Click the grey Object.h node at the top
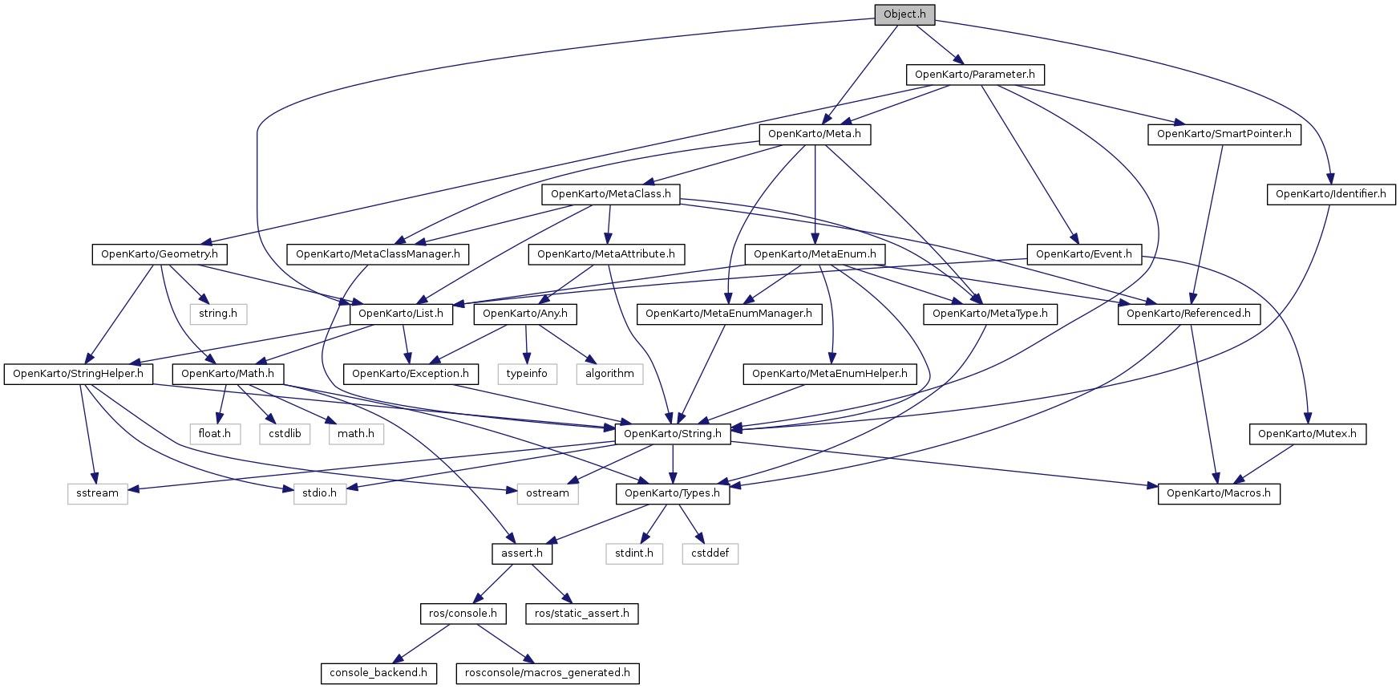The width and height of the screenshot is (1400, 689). pyautogui.click(x=904, y=14)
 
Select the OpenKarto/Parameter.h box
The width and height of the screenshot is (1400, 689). pyautogui.click(x=974, y=75)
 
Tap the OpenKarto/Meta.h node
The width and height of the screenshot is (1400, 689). pyautogui.click(x=814, y=134)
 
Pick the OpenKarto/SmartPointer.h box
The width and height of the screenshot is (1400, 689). pyautogui.click(x=1224, y=134)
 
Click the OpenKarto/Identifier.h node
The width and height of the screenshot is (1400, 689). pyautogui.click(x=1330, y=194)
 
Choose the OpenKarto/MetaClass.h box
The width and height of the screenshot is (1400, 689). pyautogui.click(x=610, y=194)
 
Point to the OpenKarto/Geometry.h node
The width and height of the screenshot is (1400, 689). pyautogui.click(x=159, y=254)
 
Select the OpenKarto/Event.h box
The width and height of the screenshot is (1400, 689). pyautogui.click(x=1083, y=254)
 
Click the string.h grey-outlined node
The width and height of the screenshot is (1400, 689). pyautogui.click(x=218, y=314)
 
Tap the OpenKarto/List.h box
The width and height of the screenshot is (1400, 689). pyautogui.click(x=401, y=314)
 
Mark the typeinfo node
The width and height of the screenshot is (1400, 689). pyautogui.click(x=527, y=374)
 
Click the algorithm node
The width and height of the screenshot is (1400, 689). pyautogui.click(x=609, y=374)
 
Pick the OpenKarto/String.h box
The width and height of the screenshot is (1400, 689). pyautogui.click(x=672, y=434)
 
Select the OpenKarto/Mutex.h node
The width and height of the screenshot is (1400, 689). pyautogui.click(x=1307, y=434)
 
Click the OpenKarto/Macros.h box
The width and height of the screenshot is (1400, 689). pyautogui.click(x=1218, y=493)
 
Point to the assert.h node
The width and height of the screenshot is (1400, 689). pyautogui.click(x=521, y=553)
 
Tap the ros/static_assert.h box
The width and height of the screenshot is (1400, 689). pyautogui.click(x=581, y=614)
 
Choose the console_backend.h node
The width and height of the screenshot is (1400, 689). pyautogui.click(x=378, y=673)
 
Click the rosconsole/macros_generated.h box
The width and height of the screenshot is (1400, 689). pyautogui.click(x=547, y=673)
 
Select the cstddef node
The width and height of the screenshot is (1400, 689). pyautogui.click(x=710, y=553)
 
